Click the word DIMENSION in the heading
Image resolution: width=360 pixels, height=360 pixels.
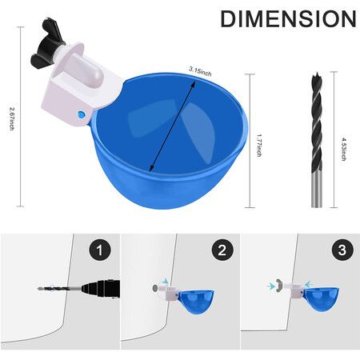288,18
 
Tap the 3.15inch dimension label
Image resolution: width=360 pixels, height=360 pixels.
200,71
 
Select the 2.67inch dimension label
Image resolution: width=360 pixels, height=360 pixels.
12,118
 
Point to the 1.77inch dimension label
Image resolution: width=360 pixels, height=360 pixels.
258,146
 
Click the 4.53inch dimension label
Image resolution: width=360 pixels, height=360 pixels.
344,149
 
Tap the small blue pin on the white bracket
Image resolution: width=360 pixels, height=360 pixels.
81,114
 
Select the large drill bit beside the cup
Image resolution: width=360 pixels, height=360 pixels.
317,139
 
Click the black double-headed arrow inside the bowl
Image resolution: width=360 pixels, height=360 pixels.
173,126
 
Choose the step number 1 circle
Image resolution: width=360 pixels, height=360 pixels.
100,250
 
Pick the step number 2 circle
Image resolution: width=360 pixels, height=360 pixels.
222,250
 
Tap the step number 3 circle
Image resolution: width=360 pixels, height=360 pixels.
342,250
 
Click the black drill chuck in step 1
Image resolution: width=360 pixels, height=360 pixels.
102,289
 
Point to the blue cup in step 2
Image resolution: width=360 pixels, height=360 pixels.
196,302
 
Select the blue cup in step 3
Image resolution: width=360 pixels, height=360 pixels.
322,299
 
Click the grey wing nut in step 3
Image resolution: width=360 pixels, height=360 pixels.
279,286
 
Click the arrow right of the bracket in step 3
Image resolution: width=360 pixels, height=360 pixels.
309,284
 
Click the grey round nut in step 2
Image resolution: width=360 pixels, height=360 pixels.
155,288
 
